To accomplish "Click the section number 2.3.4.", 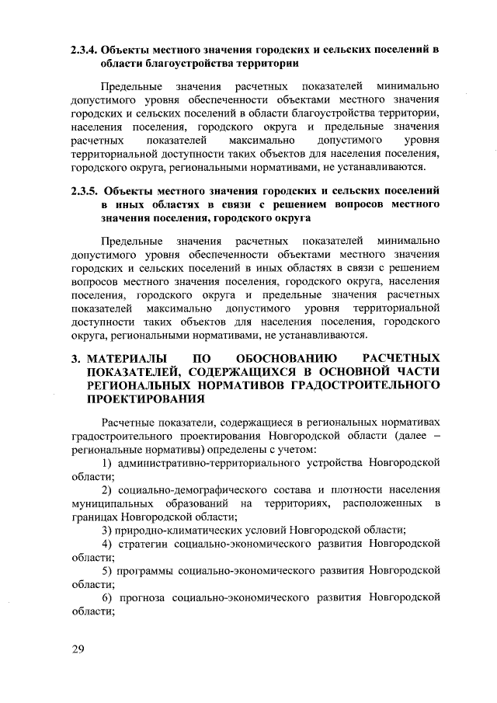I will pyautogui.click(x=82, y=49).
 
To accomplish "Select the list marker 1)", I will pyautogui.click(x=108, y=463).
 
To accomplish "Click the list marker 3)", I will pyautogui.click(x=108, y=530).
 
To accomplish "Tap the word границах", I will pyautogui.click(x=96, y=517).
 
